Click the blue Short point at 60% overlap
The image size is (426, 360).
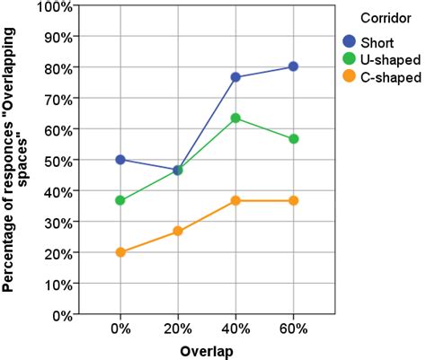pyautogui.click(x=293, y=66)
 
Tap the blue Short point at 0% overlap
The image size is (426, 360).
pyautogui.click(x=120, y=159)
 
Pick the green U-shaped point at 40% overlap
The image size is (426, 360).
pyautogui.click(x=235, y=118)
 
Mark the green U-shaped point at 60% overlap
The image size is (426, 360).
pyautogui.click(x=293, y=139)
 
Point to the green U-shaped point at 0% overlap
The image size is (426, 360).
pyautogui.click(x=120, y=200)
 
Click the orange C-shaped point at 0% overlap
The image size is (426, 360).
pyautogui.click(x=120, y=252)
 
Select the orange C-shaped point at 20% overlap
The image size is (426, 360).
pyautogui.click(x=178, y=231)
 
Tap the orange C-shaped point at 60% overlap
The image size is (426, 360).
pyautogui.click(x=293, y=200)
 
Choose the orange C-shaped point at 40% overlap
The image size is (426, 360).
pyautogui.click(x=235, y=200)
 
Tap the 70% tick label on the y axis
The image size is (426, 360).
pyautogui.click(x=59, y=98)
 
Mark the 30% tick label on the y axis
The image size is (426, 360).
pyautogui.click(x=59, y=222)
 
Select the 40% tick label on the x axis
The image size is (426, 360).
pyautogui.click(x=235, y=329)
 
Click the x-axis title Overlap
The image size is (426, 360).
pyautogui.click(x=206, y=350)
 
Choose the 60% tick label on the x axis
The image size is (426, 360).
pyautogui.click(x=293, y=329)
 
